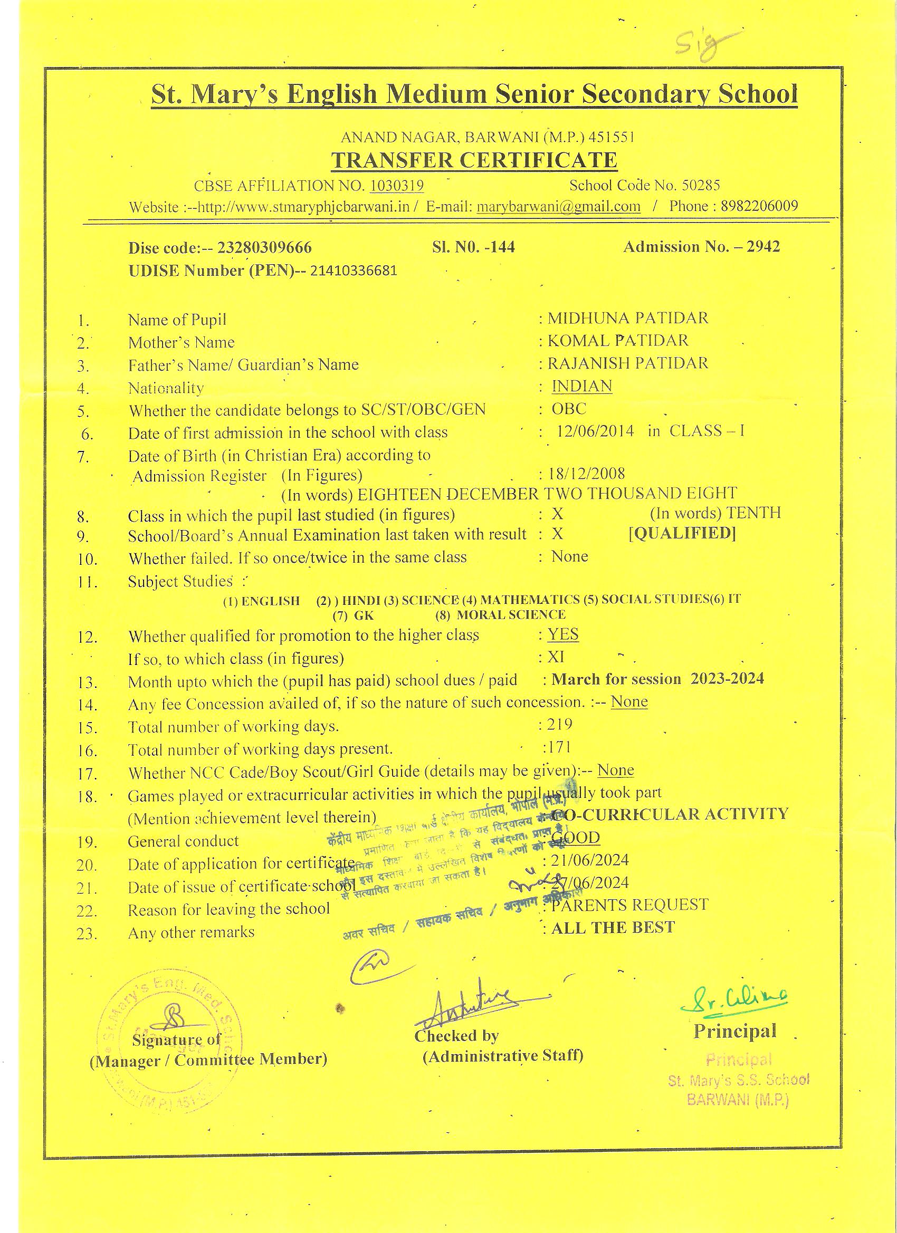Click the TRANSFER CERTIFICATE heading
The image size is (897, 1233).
tap(474, 160)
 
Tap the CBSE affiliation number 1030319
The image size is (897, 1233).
tap(397, 186)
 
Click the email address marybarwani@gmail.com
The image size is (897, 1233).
tap(558, 207)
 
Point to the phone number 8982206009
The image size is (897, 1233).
tap(759, 206)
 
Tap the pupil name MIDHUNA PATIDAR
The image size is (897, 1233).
tap(628, 318)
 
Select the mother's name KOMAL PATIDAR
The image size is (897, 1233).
tap(618, 341)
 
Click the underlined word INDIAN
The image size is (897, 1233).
tap(581, 386)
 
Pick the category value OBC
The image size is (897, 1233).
tap(569, 409)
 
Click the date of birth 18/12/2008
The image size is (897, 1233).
tap(587, 474)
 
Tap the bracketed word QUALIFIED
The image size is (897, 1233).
tap(682, 533)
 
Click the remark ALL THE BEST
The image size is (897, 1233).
tap(613, 928)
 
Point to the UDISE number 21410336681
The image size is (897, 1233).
tap(354, 271)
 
